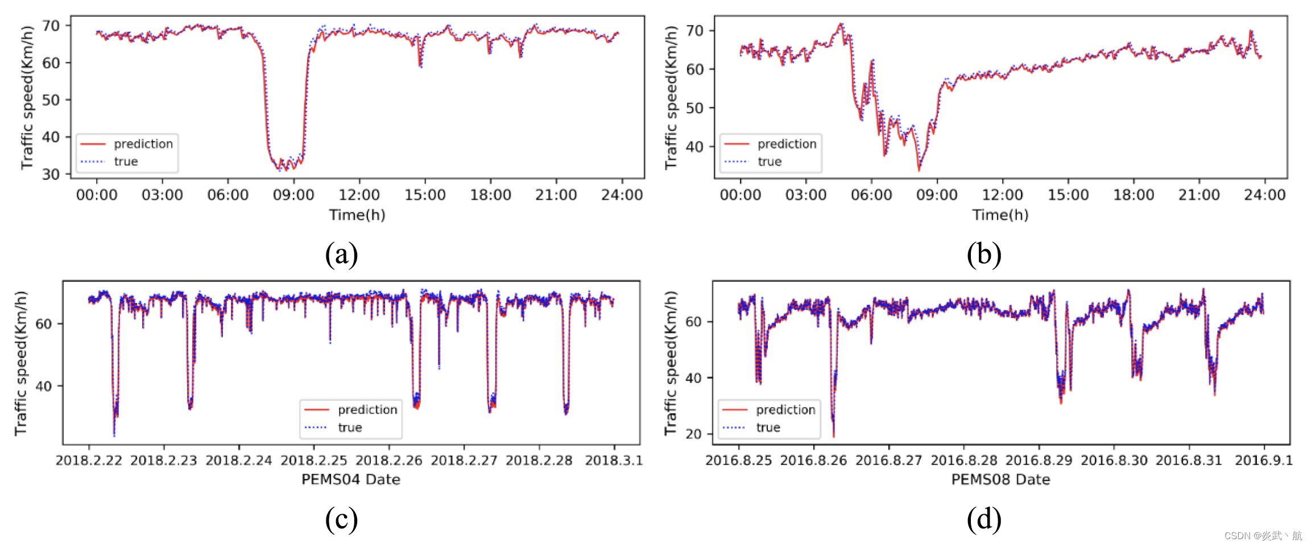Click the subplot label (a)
coord(341,254)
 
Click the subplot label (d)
coord(984,519)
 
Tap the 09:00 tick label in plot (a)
coord(293,195)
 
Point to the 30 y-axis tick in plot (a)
coord(51,174)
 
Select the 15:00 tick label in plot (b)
coord(1068,195)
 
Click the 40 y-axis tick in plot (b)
coord(694,147)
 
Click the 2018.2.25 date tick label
coord(313,460)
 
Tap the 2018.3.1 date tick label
coord(614,460)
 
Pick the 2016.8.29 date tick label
coord(1039,460)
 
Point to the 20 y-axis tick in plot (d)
coord(694,434)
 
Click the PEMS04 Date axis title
coord(350,479)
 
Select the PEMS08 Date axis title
coord(1000,479)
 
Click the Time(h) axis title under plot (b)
coord(1000,215)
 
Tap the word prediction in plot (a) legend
coord(143,144)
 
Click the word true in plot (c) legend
coord(350,427)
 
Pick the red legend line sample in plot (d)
coord(734,409)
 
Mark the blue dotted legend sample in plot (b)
coord(736,162)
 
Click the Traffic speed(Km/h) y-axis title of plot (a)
coord(27,98)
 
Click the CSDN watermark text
coord(1263,536)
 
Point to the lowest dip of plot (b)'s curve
coord(919,169)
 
